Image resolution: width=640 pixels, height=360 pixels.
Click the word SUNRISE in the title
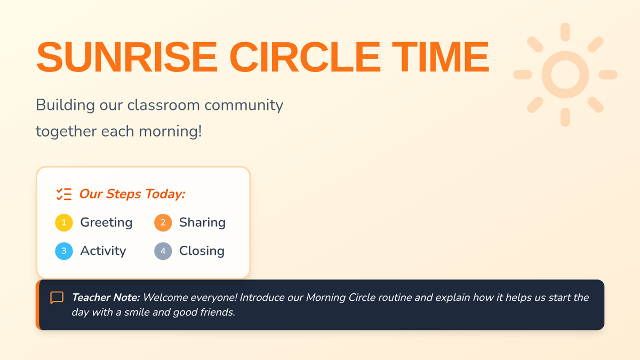[x=127, y=57]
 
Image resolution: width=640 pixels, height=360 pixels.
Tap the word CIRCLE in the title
[x=305, y=57]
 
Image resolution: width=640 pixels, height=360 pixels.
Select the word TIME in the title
[x=441, y=57]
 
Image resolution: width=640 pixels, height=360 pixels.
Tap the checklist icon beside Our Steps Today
[x=64, y=194]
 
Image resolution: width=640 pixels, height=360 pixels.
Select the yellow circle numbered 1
[x=64, y=222]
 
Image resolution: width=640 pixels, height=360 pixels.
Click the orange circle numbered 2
[x=163, y=222]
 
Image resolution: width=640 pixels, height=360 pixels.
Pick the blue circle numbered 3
[x=64, y=251]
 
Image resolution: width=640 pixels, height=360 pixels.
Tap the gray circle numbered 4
[x=163, y=251]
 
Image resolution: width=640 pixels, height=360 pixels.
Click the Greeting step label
[x=106, y=222]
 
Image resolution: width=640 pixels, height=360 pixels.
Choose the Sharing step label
[x=202, y=222]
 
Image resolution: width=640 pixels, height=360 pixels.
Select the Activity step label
[x=103, y=251]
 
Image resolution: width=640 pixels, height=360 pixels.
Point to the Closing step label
[x=202, y=251]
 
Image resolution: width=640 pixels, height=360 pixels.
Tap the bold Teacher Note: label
[x=106, y=298]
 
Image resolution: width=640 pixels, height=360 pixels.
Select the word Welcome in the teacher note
[x=165, y=298]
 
